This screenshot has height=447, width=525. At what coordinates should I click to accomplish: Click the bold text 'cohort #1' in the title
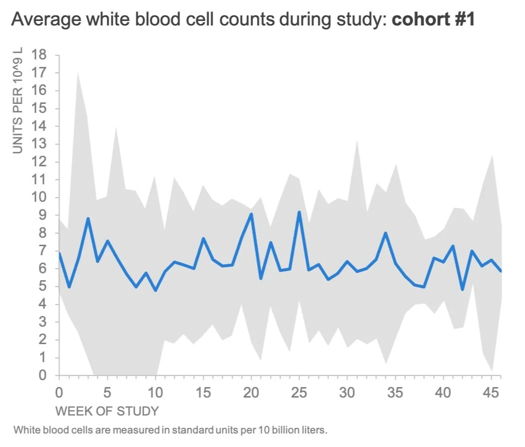click(x=433, y=19)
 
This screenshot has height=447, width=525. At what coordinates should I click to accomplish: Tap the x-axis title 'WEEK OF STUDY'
click(x=107, y=412)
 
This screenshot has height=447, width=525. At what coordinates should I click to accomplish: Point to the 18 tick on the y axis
click(x=39, y=55)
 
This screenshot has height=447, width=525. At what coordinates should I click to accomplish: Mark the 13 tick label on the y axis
click(x=39, y=144)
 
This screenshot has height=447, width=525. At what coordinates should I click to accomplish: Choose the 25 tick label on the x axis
click(x=299, y=392)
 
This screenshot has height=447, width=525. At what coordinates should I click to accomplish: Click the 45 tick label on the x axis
click(x=492, y=392)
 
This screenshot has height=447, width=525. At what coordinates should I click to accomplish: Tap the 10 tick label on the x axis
click(x=155, y=392)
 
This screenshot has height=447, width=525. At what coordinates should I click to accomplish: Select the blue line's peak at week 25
click(x=299, y=212)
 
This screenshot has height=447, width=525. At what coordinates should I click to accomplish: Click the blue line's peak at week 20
click(x=251, y=214)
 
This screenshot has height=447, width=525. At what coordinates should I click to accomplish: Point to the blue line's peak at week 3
click(x=88, y=219)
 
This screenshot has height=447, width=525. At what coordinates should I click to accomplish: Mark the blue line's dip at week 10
click(x=155, y=290)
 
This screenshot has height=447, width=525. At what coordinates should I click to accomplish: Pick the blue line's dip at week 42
click(x=463, y=289)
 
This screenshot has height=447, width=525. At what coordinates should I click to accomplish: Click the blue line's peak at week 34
click(x=386, y=233)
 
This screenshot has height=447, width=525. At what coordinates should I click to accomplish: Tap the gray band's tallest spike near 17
click(x=78, y=72)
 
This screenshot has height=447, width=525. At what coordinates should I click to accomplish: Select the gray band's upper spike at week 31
click(x=357, y=141)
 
